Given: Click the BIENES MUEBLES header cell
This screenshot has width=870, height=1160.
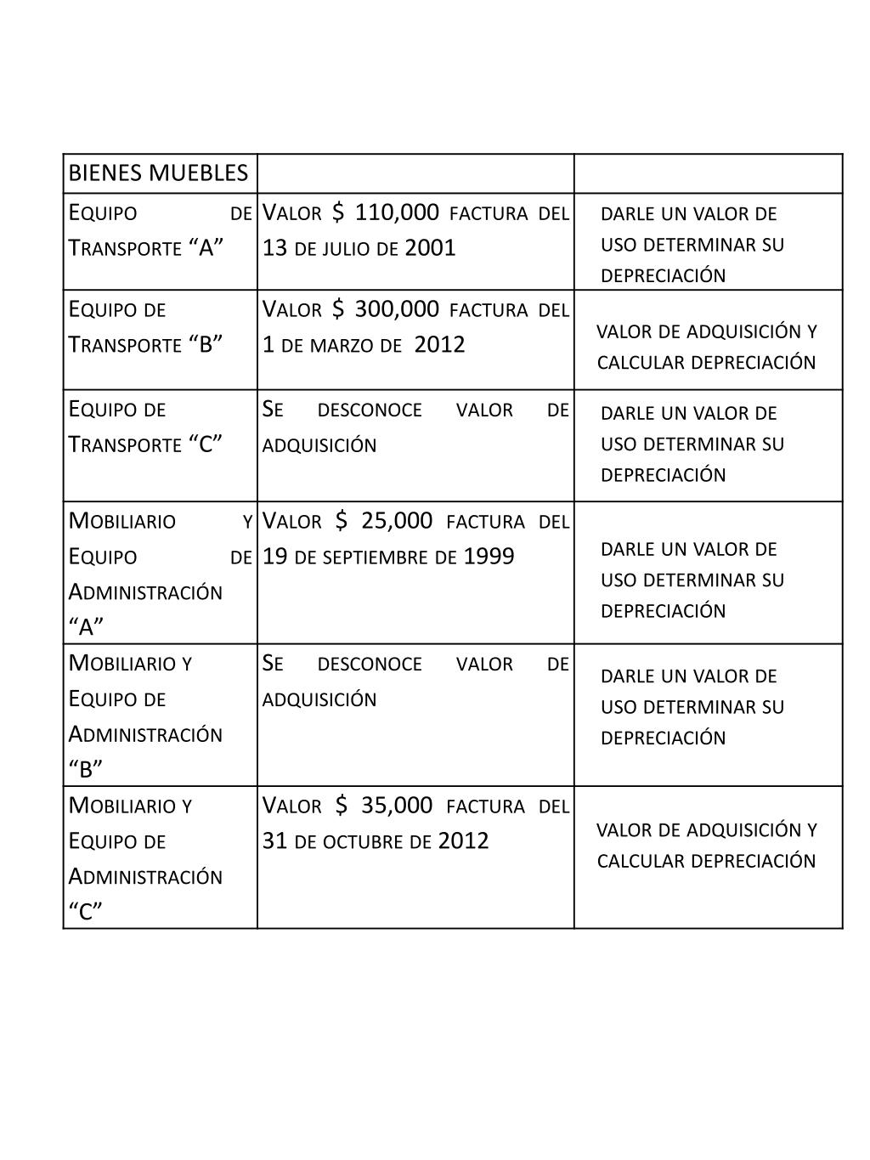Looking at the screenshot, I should point(158,174).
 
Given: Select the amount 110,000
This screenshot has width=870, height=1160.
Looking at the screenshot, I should point(397,212).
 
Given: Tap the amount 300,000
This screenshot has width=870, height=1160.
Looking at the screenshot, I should point(397,309).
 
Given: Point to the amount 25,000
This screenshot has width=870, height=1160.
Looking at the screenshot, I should point(397,521).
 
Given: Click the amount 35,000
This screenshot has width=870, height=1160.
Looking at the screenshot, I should point(397,806).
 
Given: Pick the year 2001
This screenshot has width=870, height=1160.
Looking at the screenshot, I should point(430,248).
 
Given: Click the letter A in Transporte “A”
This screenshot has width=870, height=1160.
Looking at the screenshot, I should point(206,248).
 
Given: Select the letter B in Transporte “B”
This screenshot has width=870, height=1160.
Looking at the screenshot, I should point(206,345).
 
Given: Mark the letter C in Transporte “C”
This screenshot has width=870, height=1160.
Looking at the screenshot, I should point(206,444).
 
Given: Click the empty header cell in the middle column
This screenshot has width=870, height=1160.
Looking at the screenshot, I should point(415,174).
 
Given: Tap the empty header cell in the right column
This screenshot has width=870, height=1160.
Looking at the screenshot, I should point(709,174).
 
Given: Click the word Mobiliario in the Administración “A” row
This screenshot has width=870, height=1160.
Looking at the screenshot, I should point(122,521).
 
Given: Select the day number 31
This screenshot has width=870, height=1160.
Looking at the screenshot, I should point(275,841).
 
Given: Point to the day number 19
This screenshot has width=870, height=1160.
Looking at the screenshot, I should point(275,557).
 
